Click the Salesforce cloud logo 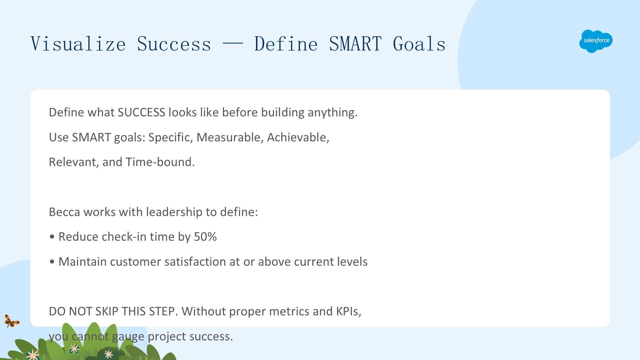[x=596, y=41]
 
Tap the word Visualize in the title [x=78, y=44]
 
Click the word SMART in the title [x=355, y=44]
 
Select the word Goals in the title [x=419, y=44]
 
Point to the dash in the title [x=233, y=44]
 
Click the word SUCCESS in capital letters [x=141, y=112]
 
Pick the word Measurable [x=228, y=137]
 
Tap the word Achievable [x=298, y=137]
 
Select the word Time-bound [x=160, y=162]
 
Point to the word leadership [x=174, y=212]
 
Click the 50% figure [x=205, y=237]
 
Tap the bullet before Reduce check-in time [x=52, y=237]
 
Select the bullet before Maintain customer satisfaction [x=52, y=262]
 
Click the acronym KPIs [x=349, y=311]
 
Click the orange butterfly [x=12, y=321]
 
